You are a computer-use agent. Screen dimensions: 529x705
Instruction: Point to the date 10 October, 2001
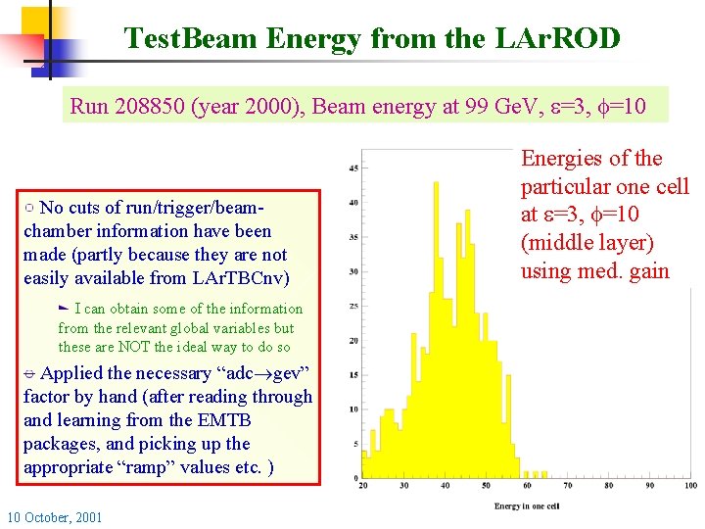tap(54, 516)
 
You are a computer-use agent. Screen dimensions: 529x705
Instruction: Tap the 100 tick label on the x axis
tap(690, 485)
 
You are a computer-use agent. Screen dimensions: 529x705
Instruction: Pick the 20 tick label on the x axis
tap(363, 485)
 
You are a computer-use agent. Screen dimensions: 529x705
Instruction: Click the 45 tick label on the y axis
tap(352, 168)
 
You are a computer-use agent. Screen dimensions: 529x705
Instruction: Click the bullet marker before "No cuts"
tap(30, 208)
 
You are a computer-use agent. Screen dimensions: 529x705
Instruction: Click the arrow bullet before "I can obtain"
tap(65, 309)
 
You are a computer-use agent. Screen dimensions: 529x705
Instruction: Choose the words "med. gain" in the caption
tap(626, 270)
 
